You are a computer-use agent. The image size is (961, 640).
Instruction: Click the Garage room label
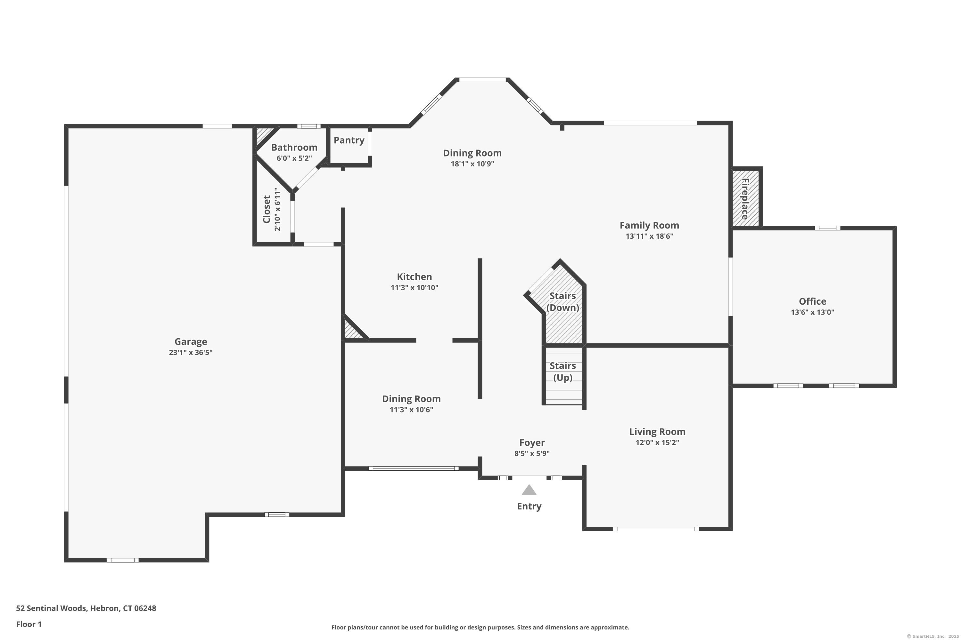[191, 342]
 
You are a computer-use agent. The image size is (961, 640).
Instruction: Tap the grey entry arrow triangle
[529, 490]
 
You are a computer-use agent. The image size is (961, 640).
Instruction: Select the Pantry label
[349, 140]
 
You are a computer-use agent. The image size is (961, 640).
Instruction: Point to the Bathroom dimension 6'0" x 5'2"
[294, 158]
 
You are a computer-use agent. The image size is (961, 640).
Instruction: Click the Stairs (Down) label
[563, 302]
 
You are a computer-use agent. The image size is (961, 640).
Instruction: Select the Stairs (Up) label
[563, 372]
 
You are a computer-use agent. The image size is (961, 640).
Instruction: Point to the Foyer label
[532, 443]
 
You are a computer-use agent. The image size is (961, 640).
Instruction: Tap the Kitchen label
[414, 277]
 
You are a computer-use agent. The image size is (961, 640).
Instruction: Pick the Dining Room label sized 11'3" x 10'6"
[411, 399]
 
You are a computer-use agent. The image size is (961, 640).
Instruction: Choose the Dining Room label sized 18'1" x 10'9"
[472, 153]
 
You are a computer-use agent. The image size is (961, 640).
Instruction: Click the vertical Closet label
[267, 209]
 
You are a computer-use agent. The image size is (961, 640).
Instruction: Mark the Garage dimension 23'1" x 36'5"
[191, 353]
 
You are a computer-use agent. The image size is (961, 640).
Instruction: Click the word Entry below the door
[529, 507]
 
